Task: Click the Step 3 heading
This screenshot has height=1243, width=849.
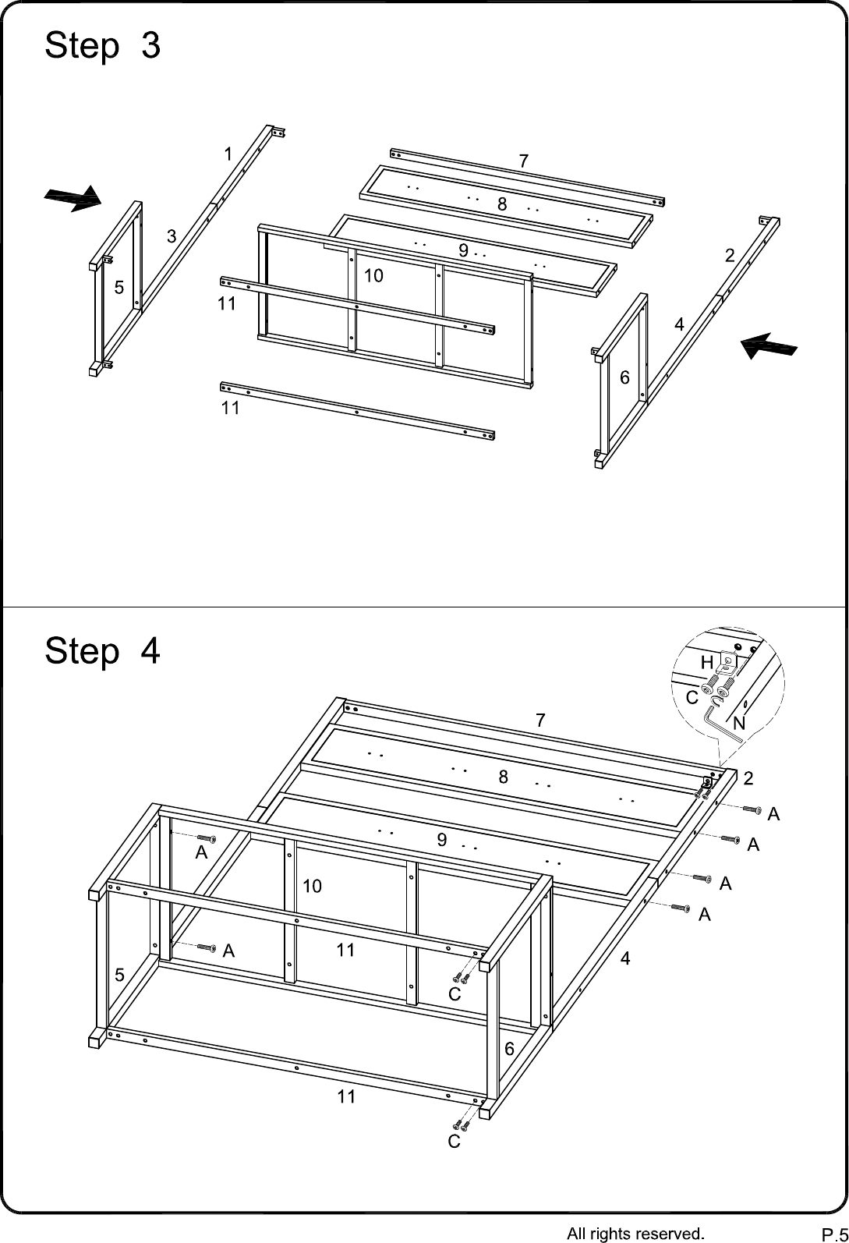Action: (x=103, y=45)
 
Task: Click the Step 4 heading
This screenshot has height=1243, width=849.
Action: (x=103, y=651)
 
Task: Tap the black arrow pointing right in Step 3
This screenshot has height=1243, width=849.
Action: (x=73, y=199)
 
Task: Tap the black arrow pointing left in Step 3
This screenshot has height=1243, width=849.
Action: (x=769, y=345)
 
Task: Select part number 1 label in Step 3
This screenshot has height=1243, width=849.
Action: (x=228, y=154)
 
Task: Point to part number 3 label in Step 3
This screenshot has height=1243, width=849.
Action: (x=172, y=236)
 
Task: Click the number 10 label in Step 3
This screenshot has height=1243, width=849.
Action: (x=373, y=275)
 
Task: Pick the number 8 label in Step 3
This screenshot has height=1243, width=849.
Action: (x=502, y=204)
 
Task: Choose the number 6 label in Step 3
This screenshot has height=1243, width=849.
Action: (x=624, y=377)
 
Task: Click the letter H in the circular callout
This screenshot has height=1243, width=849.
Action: (x=706, y=663)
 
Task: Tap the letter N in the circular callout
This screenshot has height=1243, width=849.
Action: (x=738, y=723)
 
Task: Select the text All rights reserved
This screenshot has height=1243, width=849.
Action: (x=635, y=1233)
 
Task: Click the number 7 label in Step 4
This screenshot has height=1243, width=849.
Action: (x=540, y=721)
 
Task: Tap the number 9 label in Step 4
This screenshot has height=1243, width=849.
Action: (x=442, y=840)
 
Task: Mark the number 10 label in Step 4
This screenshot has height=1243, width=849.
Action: (x=312, y=886)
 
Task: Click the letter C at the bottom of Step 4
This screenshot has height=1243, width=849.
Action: (x=454, y=1142)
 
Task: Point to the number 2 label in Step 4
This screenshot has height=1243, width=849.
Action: (x=748, y=778)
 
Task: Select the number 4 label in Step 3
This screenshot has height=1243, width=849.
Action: (x=679, y=324)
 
